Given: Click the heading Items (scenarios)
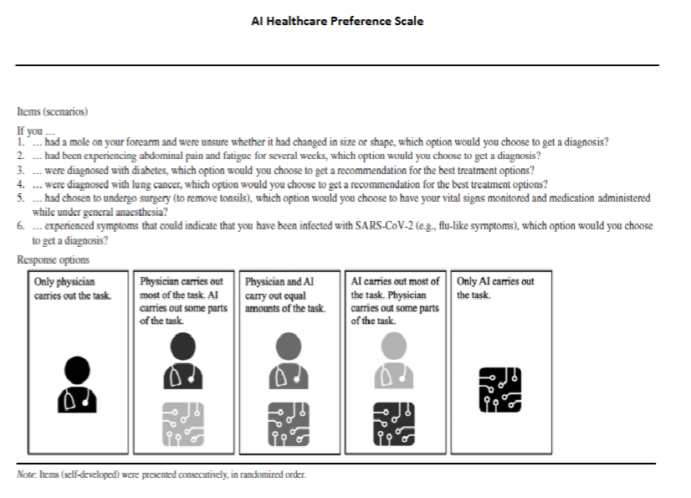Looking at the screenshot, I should tap(52, 111).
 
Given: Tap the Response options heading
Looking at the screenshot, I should tap(54, 260).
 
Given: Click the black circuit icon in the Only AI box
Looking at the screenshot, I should tap(499, 390).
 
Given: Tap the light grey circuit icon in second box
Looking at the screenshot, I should tap(183, 424).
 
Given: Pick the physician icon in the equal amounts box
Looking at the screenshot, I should tap(288, 362).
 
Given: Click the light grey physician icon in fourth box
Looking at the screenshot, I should tap(393, 362).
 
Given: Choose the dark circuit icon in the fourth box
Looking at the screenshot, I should tap(393, 424).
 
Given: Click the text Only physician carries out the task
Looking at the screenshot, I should tap(72, 289).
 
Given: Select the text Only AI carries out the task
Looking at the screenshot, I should tap(495, 289).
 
